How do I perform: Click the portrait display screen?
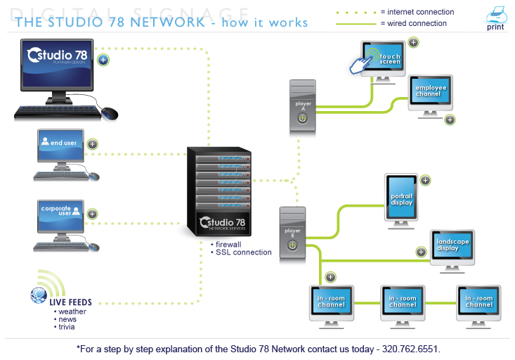[x=402, y=198]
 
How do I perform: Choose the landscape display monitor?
[x=453, y=243]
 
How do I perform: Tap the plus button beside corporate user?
[x=91, y=213]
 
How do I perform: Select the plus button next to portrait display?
[x=425, y=181]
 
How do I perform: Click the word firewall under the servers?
[x=228, y=244]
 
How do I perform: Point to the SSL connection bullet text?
[x=243, y=252]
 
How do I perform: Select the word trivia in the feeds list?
[x=67, y=327]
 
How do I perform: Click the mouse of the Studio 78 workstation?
[x=110, y=112]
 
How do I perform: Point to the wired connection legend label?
[x=413, y=23]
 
